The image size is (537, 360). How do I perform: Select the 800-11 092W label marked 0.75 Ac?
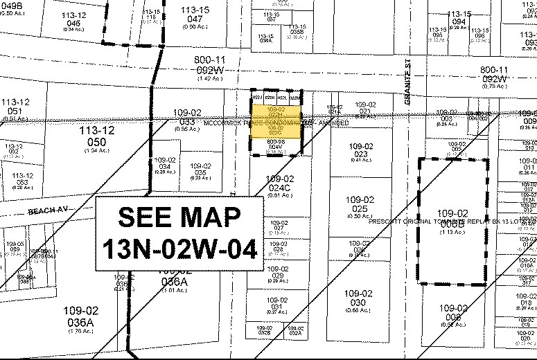click(493, 74)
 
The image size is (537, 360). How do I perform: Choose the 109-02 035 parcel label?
click(200, 170)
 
